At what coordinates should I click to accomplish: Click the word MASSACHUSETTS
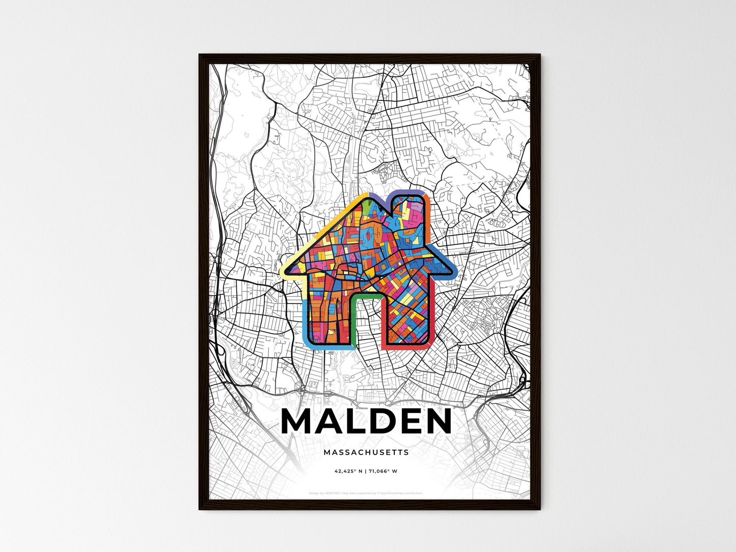click(x=366, y=452)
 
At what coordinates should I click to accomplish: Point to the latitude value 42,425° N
click(x=348, y=471)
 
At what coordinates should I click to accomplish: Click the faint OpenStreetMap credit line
click(x=366, y=493)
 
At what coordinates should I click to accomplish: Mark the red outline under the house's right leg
click(x=407, y=347)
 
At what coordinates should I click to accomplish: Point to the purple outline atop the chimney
click(x=405, y=192)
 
